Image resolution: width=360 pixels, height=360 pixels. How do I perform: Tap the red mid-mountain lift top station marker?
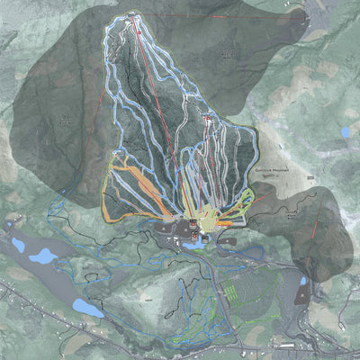[x=207, y=119]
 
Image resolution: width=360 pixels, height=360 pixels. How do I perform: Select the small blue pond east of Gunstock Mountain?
[x=346, y=132]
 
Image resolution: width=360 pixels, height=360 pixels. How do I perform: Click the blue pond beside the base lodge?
[x=193, y=243]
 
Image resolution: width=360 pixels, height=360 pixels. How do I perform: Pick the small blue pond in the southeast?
[x=302, y=281]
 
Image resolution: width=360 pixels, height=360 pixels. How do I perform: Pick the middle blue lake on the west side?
[x=43, y=257]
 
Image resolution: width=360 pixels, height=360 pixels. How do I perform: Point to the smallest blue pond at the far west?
[x=18, y=244]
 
